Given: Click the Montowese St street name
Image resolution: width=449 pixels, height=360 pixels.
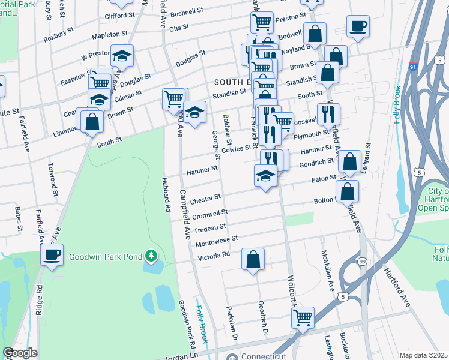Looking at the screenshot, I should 217,241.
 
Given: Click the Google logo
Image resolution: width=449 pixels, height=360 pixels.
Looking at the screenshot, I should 20,352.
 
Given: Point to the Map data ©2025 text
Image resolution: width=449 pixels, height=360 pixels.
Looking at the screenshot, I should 424,355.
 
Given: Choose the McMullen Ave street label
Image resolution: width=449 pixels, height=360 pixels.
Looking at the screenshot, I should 327,271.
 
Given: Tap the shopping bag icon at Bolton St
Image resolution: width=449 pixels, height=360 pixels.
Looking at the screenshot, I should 348,191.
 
